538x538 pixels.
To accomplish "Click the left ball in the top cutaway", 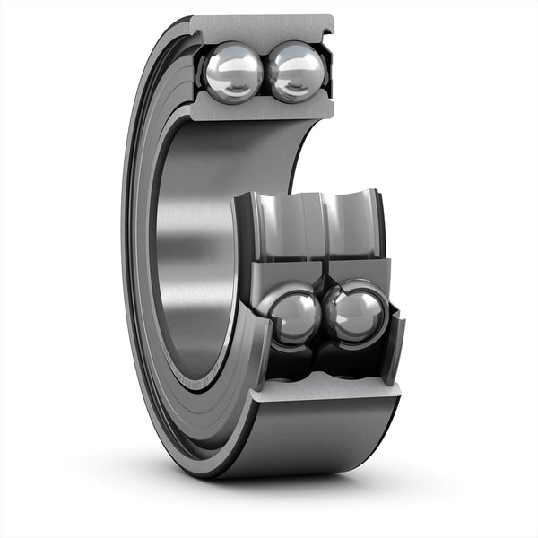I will [233, 73].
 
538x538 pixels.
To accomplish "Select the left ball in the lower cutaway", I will [291, 317].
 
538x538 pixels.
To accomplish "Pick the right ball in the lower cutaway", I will [356, 314].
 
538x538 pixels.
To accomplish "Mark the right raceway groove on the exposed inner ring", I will [350, 221].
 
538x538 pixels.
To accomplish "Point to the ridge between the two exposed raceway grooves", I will [319, 224].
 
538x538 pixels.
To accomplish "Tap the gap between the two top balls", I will [265, 72].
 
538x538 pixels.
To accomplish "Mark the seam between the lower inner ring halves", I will [322, 278].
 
